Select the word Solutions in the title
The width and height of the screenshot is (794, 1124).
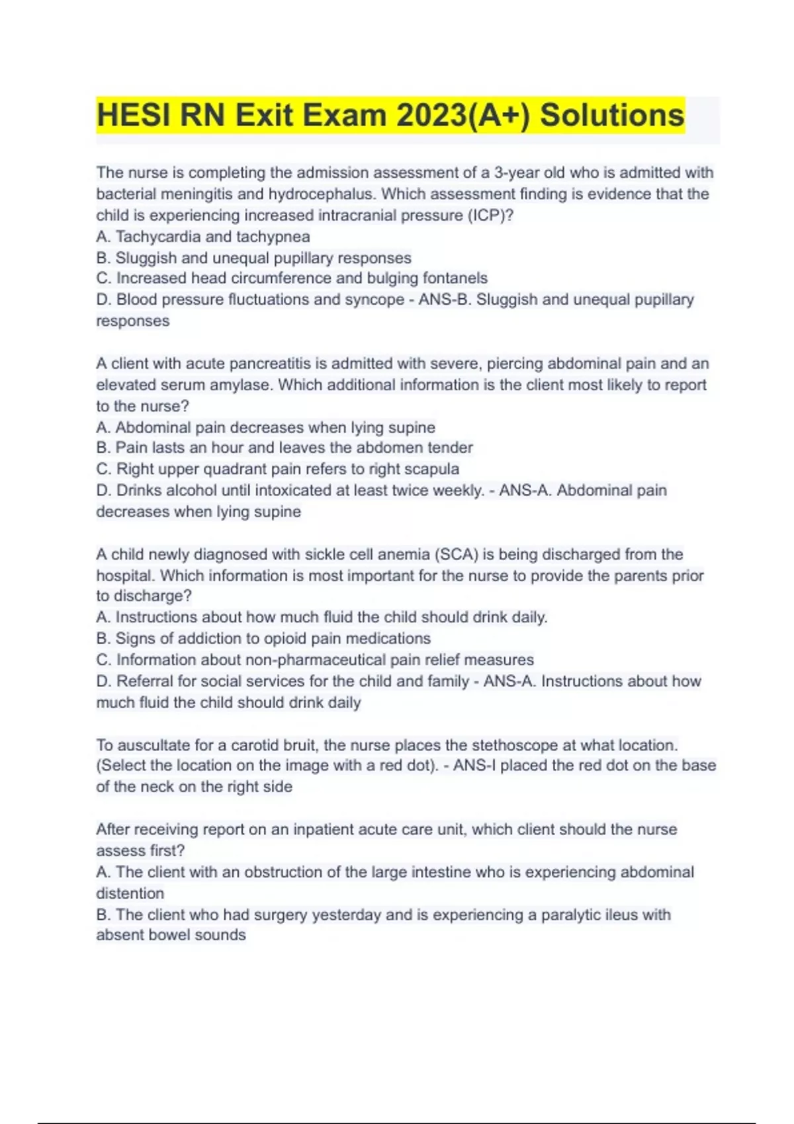tap(612, 116)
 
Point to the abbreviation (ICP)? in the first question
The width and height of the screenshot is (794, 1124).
tap(490, 216)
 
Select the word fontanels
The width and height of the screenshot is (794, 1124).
tap(455, 278)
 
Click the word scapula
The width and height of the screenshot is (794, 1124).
tap(431, 469)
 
